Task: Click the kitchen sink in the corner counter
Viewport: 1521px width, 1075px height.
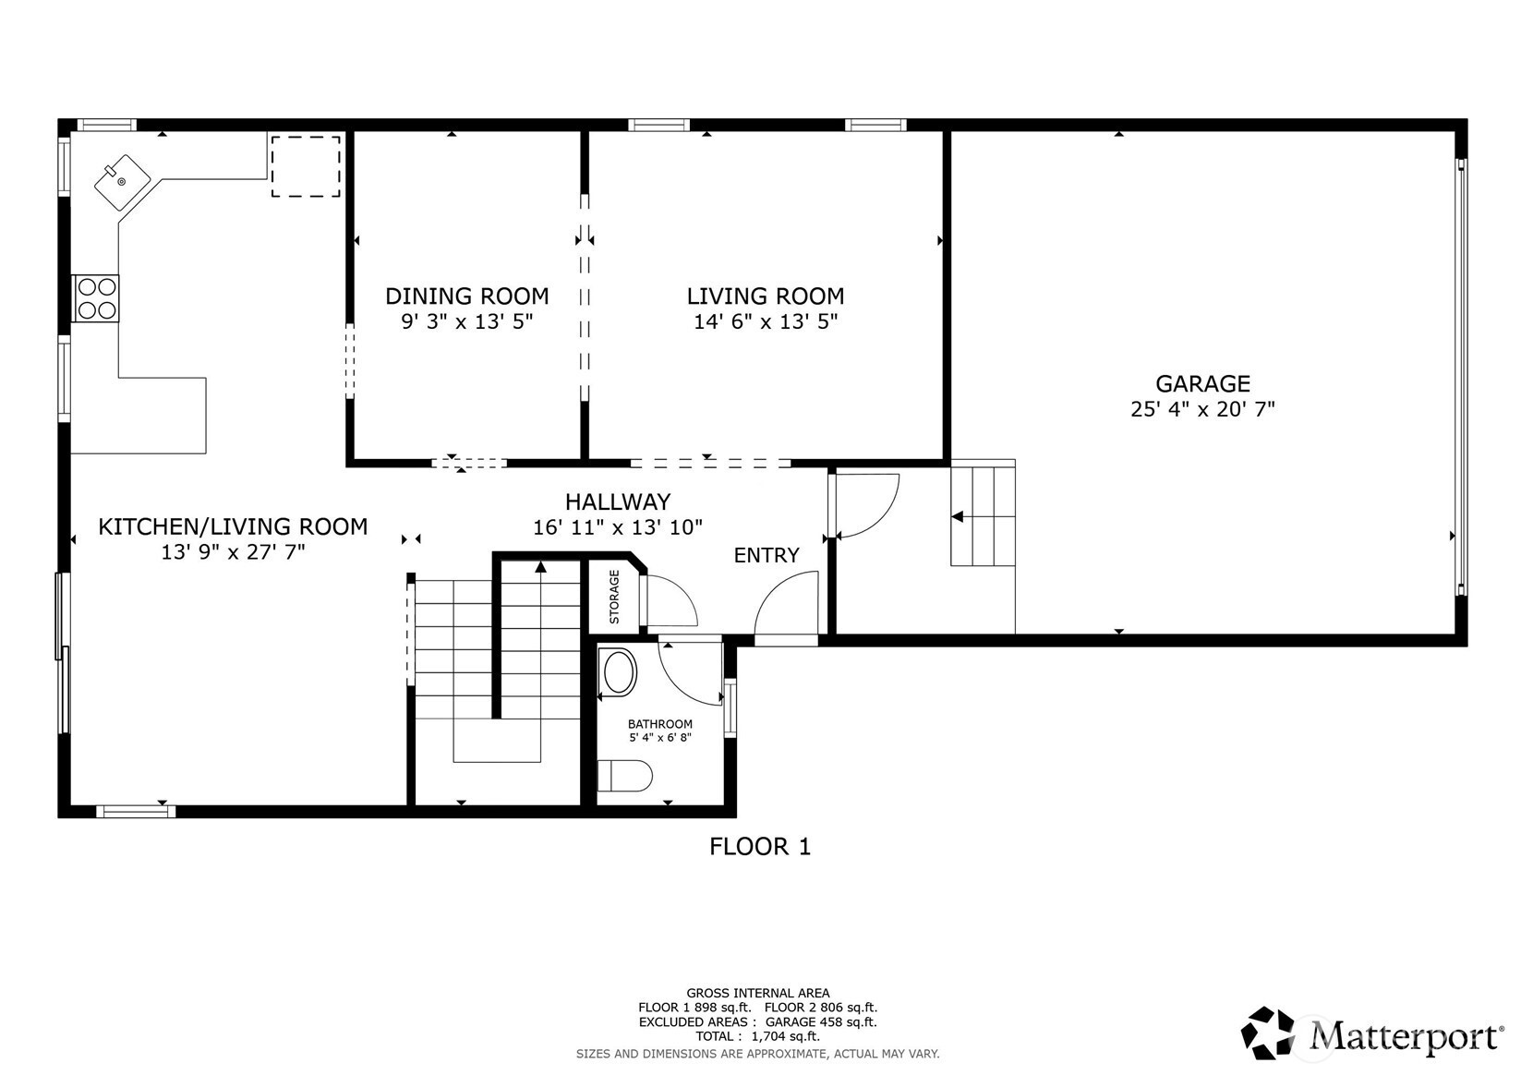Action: pos(122,181)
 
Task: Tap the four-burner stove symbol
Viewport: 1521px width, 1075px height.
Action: pos(96,298)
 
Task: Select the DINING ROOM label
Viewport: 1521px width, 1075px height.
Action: pos(467,296)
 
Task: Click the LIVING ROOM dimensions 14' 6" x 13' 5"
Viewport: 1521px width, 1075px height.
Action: pos(766,321)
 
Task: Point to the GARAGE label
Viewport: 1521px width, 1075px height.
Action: pos(1202,383)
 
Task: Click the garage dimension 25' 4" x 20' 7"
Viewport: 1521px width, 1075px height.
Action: pos(1202,409)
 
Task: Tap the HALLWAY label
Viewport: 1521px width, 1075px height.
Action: pos(618,501)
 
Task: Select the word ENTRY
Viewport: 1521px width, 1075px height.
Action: pos(767,555)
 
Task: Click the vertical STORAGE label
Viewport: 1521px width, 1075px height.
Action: pos(614,597)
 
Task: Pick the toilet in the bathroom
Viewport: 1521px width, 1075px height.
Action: pos(624,776)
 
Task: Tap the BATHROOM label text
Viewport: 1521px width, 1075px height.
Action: pos(660,724)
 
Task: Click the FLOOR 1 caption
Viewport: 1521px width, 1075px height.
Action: pos(760,846)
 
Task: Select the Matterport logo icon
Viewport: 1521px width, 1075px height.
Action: pos(1267,1033)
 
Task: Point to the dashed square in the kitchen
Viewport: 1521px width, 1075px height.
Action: pos(307,166)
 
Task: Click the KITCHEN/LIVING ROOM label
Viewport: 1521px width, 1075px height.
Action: pos(233,526)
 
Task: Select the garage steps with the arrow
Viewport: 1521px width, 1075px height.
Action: pos(983,513)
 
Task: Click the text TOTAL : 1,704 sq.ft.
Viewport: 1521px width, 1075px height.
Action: pos(757,1036)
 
